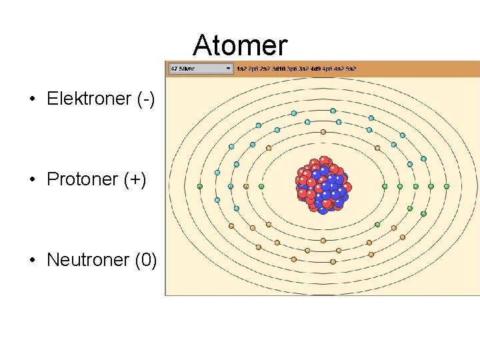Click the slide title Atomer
click(x=240, y=45)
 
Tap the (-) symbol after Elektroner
click(x=145, y=99)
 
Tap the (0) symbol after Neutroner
click(x=146, y=259)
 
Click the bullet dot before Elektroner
click(x=32, y=100)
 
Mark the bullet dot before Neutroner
click(x=32, y=260)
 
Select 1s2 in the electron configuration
click(x=241, y=69)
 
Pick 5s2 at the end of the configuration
click(x=351, y=69)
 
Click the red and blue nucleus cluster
click(x=323, y=185)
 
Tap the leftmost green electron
click(x=199, y=187)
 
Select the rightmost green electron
click(x=446, y=187)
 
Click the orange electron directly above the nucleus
click(x=323, y=132)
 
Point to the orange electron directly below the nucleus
click(x=323, y=240)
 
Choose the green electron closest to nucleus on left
click(x=261, y=187)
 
